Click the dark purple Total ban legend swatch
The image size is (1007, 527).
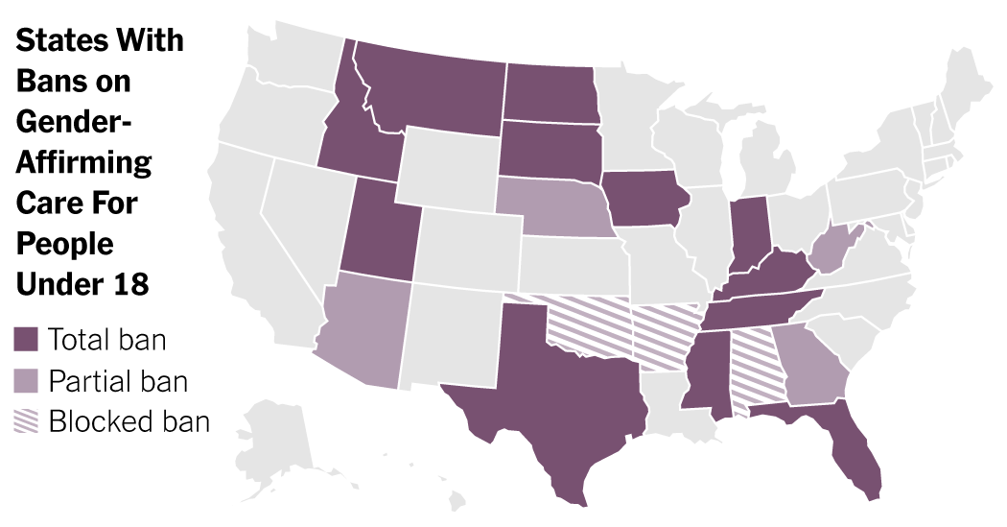click(x=26, y=340)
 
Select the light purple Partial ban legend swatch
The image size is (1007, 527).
click(x=26, y=381)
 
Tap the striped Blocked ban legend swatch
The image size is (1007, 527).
click(x=26, y=421)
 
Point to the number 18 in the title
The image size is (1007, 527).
click(x=131, y=285)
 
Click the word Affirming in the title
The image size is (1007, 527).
click(x=83, y=162)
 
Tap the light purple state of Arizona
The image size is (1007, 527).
click(x=364, y=326)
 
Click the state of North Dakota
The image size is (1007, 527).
click(x=551, y=92)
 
